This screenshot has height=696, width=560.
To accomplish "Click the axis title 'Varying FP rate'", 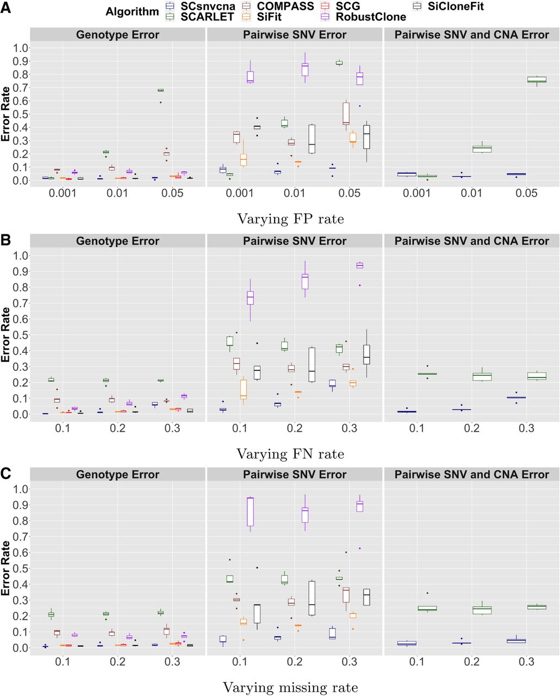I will coord(290,219).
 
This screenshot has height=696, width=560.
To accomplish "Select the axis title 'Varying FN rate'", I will coord(290,453).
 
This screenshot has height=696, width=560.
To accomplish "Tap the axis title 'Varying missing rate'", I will coord(290,687).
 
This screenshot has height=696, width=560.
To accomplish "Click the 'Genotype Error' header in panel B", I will coord(117,241).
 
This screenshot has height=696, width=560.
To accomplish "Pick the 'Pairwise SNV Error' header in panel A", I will coord(295,35).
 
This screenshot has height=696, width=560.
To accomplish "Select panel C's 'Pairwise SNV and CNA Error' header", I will coord(472,474).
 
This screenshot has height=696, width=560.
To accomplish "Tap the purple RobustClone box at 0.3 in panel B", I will coord(359,265).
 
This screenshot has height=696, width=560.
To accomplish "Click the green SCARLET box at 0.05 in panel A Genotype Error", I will coord(160,90).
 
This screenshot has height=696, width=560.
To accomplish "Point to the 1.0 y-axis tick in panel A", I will coord(20,48).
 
